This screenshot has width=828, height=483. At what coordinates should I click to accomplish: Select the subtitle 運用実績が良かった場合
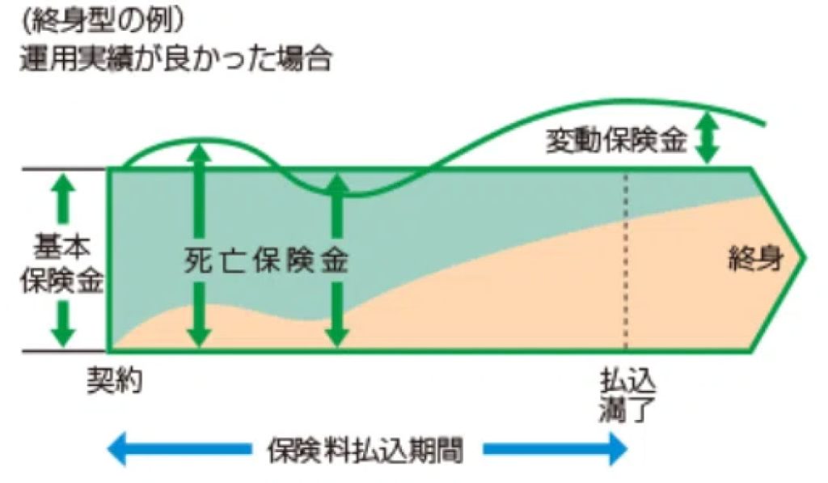pyautogui.click(x=175, y=59)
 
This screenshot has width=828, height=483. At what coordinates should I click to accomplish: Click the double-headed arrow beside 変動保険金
pyautogui.click(x=708, y=135)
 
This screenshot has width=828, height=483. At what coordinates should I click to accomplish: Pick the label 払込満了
pyautogui.click(x=625, y=392)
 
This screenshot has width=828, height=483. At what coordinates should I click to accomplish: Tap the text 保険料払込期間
pyautogui.click(x=365, y=451)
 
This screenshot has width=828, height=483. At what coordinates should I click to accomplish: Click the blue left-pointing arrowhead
pyautogui.click(x=120, y=451)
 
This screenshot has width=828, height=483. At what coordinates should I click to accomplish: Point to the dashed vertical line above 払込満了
pyautogui.click(x=625, y=259)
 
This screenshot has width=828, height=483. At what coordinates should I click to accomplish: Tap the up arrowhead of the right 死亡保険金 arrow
pyautogui.click(x=340, y=184)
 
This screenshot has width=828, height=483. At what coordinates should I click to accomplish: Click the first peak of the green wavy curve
pyautogui.click(x=199, y=142)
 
